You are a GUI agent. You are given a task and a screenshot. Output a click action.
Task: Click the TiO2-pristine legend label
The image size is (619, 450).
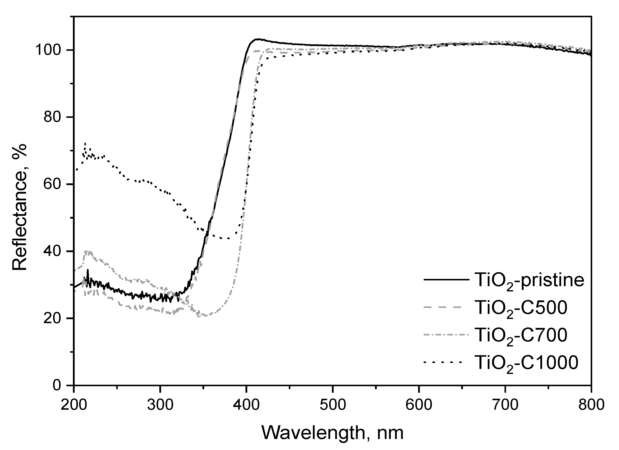coord(530,280)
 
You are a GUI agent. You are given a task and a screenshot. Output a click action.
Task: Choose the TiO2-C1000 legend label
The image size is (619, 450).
coord(527,363)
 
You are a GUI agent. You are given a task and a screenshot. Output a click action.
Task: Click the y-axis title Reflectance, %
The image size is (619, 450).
coord(20,207)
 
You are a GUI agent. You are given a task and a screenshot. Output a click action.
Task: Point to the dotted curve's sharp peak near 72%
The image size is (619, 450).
coord(85,144)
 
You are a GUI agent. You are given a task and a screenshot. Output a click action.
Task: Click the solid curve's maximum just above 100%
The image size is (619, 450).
coord(257,39)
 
